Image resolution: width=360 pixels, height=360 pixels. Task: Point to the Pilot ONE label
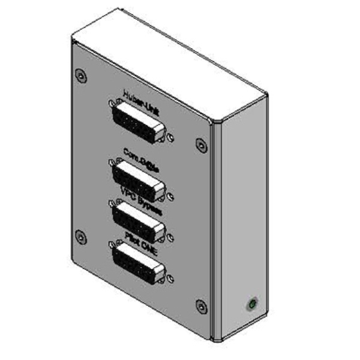(x=140, y=235)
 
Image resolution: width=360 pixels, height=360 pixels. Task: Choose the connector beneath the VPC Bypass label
(x=139, y=220)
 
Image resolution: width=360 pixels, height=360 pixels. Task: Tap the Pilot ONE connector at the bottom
(x=139, y=262)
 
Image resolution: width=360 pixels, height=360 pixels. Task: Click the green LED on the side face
(x=253, y=305)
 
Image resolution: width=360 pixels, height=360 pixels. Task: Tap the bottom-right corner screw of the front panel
(x=201, y=308)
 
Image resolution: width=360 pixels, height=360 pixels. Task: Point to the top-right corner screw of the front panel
(x=201, y=145)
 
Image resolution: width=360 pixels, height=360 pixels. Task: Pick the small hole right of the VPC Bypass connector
(x=171, y=236)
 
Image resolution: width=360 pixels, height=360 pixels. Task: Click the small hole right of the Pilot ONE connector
(x=171, y=278)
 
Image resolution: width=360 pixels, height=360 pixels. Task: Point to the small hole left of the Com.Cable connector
(x=110, y=161)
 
